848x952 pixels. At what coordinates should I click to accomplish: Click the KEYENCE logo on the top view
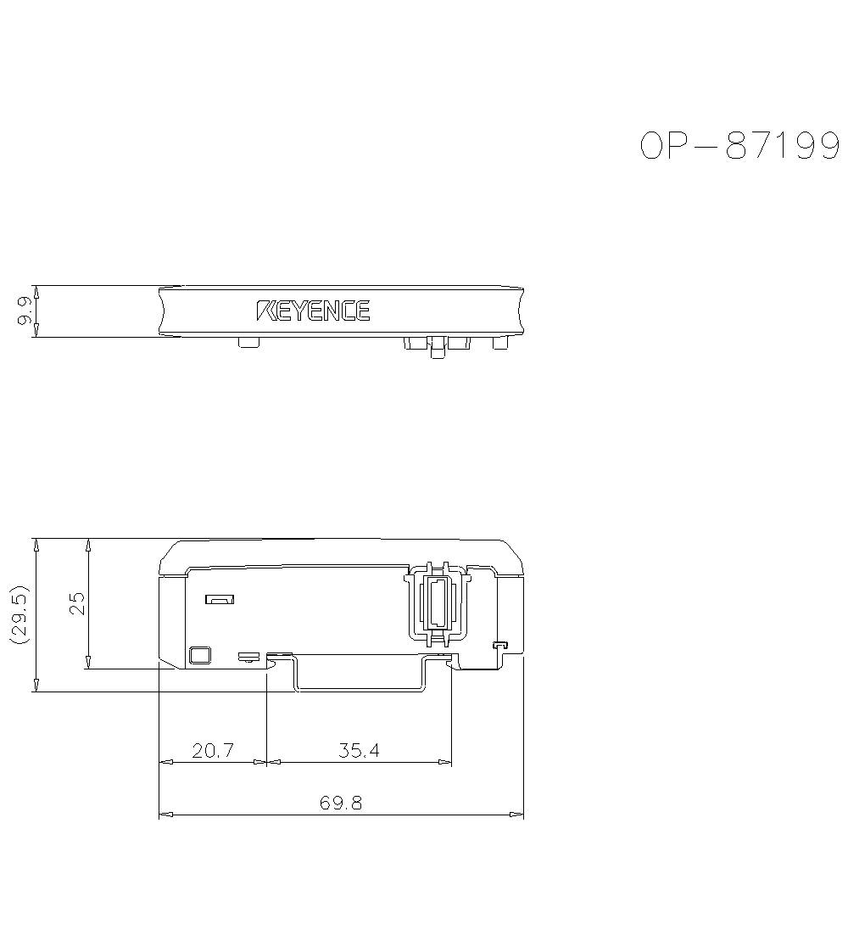[x=313, y=311]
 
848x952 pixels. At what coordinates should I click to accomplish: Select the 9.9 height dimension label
[x=25, y=311]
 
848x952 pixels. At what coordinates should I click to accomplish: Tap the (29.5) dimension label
[x=20, y=614]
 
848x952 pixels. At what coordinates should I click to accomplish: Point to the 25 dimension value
[x=77, y=603]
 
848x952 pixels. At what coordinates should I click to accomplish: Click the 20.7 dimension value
[x=212, y=750]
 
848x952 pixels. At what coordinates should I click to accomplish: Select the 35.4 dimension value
[x=359, y=750]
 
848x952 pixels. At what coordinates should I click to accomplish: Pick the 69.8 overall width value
[x=341, y=803]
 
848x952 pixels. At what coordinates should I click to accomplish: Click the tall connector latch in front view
[x=436, y=602]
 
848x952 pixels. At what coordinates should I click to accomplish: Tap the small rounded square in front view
[x=199, y=655]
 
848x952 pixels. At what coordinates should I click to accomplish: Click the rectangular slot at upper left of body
[x=220, y=600]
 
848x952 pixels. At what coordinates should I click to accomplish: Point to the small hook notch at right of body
[x=500, y=647]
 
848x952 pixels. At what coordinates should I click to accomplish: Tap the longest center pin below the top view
[x=438, y=348]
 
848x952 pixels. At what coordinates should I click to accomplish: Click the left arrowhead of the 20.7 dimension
[x=166, y=762]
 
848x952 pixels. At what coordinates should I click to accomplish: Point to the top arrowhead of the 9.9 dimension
[x=35, y=291]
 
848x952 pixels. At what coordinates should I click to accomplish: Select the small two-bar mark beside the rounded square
[x=248, y=656]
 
